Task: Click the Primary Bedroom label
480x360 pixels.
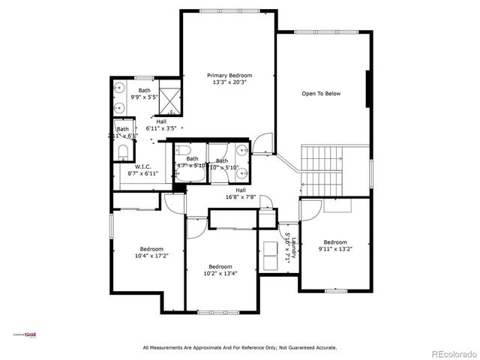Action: click(229, 76)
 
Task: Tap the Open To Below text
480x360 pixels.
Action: click(321, 94)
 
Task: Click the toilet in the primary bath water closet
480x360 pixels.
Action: click(123, 152)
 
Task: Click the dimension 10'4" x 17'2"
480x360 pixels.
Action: click(151, 256)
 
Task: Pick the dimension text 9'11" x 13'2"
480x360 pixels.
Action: click(335, 249)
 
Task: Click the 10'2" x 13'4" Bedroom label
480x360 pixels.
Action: click(220, 267)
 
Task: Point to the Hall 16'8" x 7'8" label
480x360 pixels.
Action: click(241, 193)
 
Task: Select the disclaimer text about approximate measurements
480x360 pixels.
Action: click(240, 347)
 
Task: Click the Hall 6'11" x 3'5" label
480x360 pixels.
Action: click(161, 124)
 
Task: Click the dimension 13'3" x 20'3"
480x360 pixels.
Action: click(229, 82)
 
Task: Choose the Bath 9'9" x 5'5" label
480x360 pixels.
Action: click(144, 94)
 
